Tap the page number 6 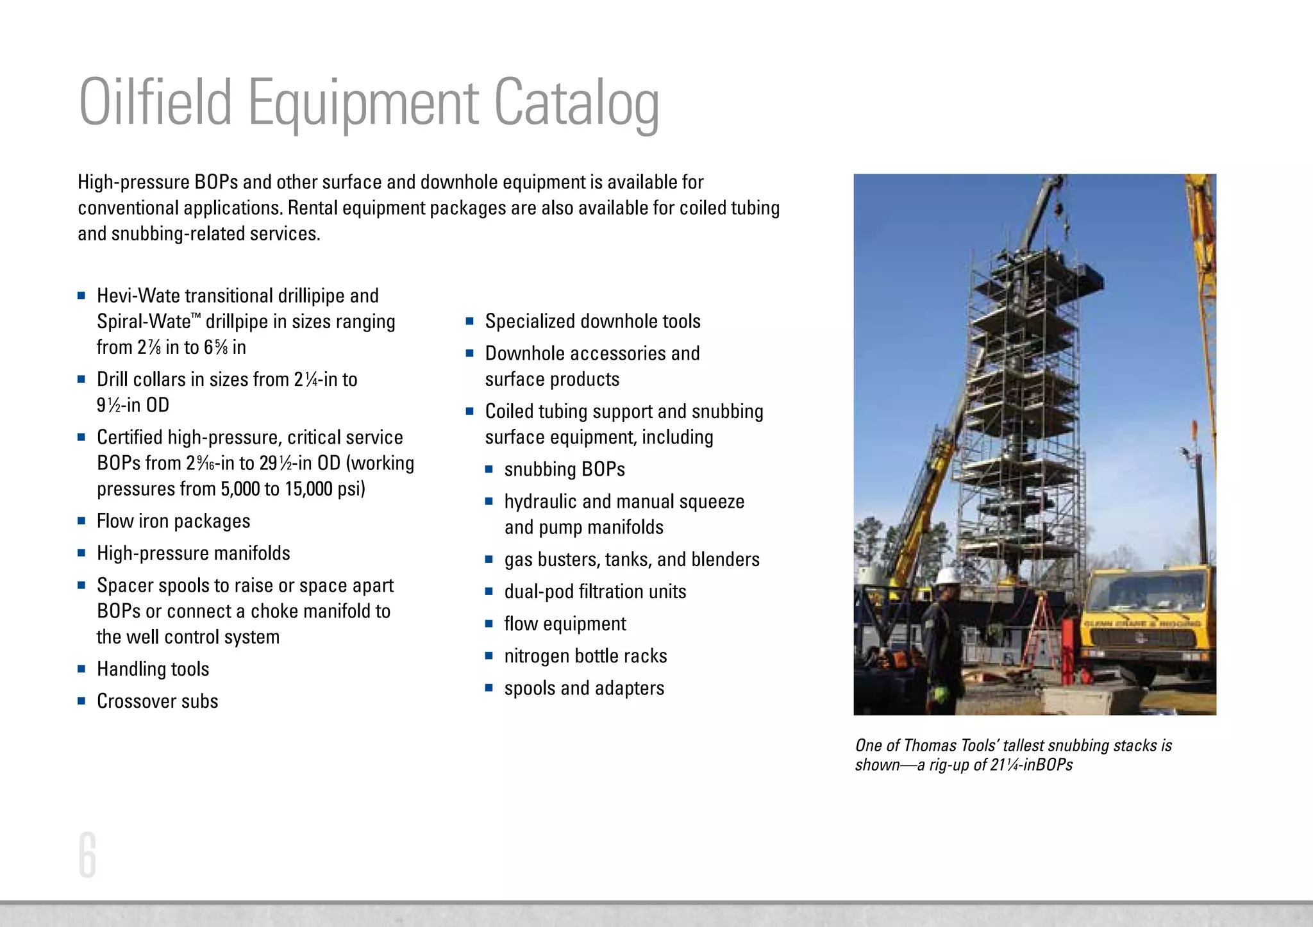click(87, 855)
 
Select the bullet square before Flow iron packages click(81, 521)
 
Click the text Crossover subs click(157, 701)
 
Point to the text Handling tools click(153, 669)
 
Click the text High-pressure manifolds click(193, 553)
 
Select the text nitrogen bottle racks click(585, 656)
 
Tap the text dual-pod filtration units click(595, 592)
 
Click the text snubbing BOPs click(564, 469)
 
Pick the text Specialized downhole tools click(592, 321)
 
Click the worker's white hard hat click(946, 576)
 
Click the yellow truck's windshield click(1148, 591)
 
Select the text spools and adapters click(584, 689)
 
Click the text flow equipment click(565, 624)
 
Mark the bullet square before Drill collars click(81, 379)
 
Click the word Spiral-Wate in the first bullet click(144, 321)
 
